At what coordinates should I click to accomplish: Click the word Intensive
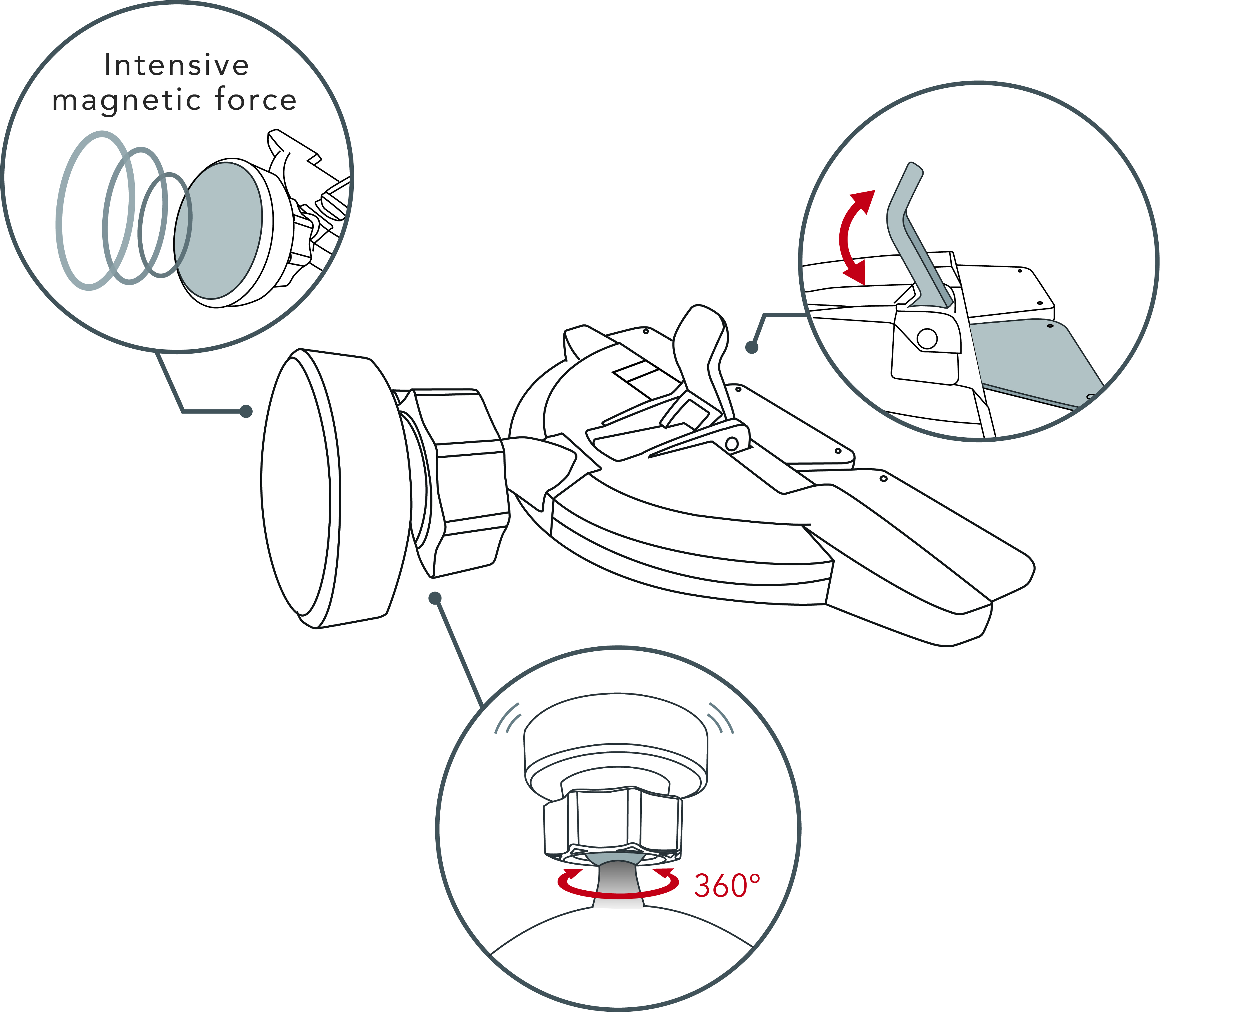(177, 65)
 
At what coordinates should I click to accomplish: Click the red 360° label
(727, 886)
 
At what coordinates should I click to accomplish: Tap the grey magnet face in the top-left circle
(218, 231)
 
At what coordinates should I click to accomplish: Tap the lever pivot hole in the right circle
(927, 338)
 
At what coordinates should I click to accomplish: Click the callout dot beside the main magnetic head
(246, 412)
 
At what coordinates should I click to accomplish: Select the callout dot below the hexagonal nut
(434, 598)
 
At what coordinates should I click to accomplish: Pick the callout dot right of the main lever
(751, 347)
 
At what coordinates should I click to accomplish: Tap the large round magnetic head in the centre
(335, 488)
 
